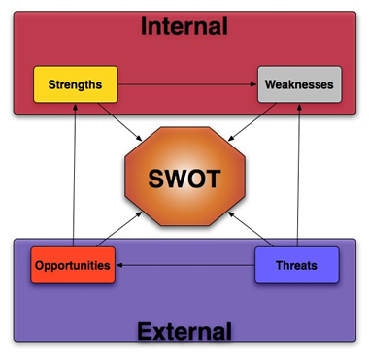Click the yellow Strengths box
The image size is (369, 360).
(x=76, y=84)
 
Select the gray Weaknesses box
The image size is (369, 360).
(x=299, y=84)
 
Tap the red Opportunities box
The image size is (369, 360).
(x=73, y=265)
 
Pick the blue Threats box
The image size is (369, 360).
(x=297, y=265)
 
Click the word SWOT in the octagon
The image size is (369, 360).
(x=184, y=179)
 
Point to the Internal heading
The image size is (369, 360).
(x=184, y=26)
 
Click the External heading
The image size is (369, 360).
(x=184, y=331)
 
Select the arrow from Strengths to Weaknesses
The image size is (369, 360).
(x=187, y=84)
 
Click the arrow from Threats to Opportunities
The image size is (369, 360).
(x=185, y=265)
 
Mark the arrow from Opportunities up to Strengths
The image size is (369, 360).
(x=74, y=175)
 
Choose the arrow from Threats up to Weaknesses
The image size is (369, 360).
(x=298, y=175)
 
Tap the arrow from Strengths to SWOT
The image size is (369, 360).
(x=119, y=122)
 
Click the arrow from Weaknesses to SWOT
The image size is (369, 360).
(x=252, y=122)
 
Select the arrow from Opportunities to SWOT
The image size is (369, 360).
(x=119, y=229)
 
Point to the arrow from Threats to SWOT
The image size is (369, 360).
(x=251, y=229)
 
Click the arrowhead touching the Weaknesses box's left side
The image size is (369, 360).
(x=254, y=84)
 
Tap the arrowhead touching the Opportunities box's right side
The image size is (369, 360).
(x=118, y=265)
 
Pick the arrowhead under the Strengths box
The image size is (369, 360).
(x=75, y=107)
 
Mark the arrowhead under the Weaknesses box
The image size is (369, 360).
(x=299, y=107)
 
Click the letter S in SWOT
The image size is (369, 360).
(x=155, y=179)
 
